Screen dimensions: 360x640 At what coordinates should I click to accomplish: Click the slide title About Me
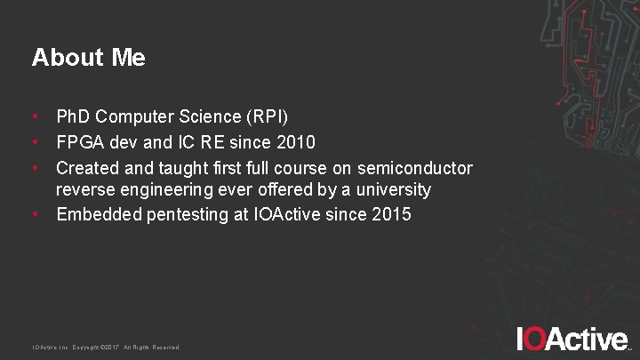point(89,58)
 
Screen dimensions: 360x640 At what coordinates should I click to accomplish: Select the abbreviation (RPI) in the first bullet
point(270,116)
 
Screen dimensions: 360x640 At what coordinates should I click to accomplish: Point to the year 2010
point(295,142)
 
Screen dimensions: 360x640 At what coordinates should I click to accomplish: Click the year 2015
point(391,214)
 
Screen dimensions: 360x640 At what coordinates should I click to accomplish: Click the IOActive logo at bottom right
point(573,340)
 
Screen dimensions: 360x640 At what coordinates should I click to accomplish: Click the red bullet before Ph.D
point(35,116)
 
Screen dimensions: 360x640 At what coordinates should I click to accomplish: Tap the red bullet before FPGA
point(35,142)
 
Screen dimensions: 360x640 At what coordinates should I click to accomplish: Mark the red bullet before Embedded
point(35,214)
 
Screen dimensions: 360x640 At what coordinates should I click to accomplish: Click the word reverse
point(84,190)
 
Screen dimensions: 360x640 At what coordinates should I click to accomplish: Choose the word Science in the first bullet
point(204,116)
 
